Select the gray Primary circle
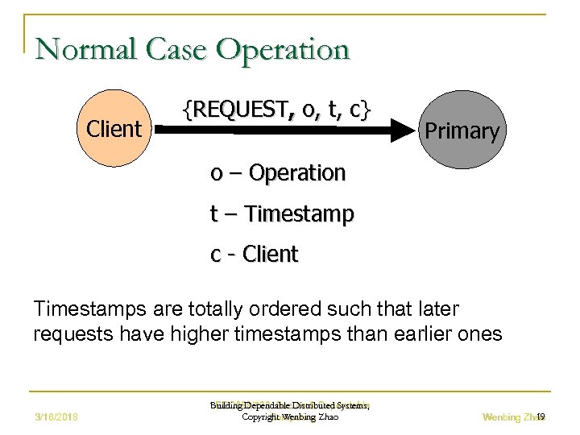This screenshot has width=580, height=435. click(x=462, y=130)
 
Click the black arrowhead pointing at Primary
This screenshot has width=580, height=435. click(x=401, y=130)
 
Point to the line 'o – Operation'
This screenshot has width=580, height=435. click(x=277, y=172)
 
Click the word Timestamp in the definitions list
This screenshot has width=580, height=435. click(x=299, y=213)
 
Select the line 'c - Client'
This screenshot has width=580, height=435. click(x=254, y=255)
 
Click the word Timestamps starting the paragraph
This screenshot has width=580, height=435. click(x=85, y=309)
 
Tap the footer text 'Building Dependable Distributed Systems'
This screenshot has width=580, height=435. click(x=289, y=406)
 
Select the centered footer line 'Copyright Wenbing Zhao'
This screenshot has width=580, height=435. click(x=289, y=417)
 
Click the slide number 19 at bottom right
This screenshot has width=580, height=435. click(x=541, y=416)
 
